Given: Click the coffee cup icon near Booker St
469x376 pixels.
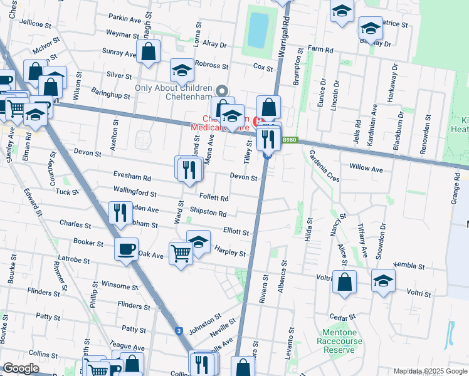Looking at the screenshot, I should pyautogui.click(x=126, y=249).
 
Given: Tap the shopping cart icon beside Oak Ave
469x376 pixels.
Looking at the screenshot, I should pyautogui.click(x=181, y=253).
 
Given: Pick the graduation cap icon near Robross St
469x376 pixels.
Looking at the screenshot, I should pyautogui.click(x=182, y=70).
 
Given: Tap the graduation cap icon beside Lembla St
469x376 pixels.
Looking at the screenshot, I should pyautogui.click(x=383, y=281).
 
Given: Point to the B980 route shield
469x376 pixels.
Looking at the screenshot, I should pyautogui.click(x=289, y=141).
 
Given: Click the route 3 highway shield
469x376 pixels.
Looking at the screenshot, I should pyautogui.click(x=179, y=331).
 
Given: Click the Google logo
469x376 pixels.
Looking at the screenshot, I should pyautogui.click(x=21, y=368).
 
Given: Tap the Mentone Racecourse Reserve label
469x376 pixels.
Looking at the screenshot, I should pyautogui.click(x=339, y=342).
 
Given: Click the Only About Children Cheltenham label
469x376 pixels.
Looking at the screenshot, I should pyautogui.click(x=175, y=92).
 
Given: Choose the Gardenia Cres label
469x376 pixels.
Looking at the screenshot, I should pyautogui.click(x=324, y=166).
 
